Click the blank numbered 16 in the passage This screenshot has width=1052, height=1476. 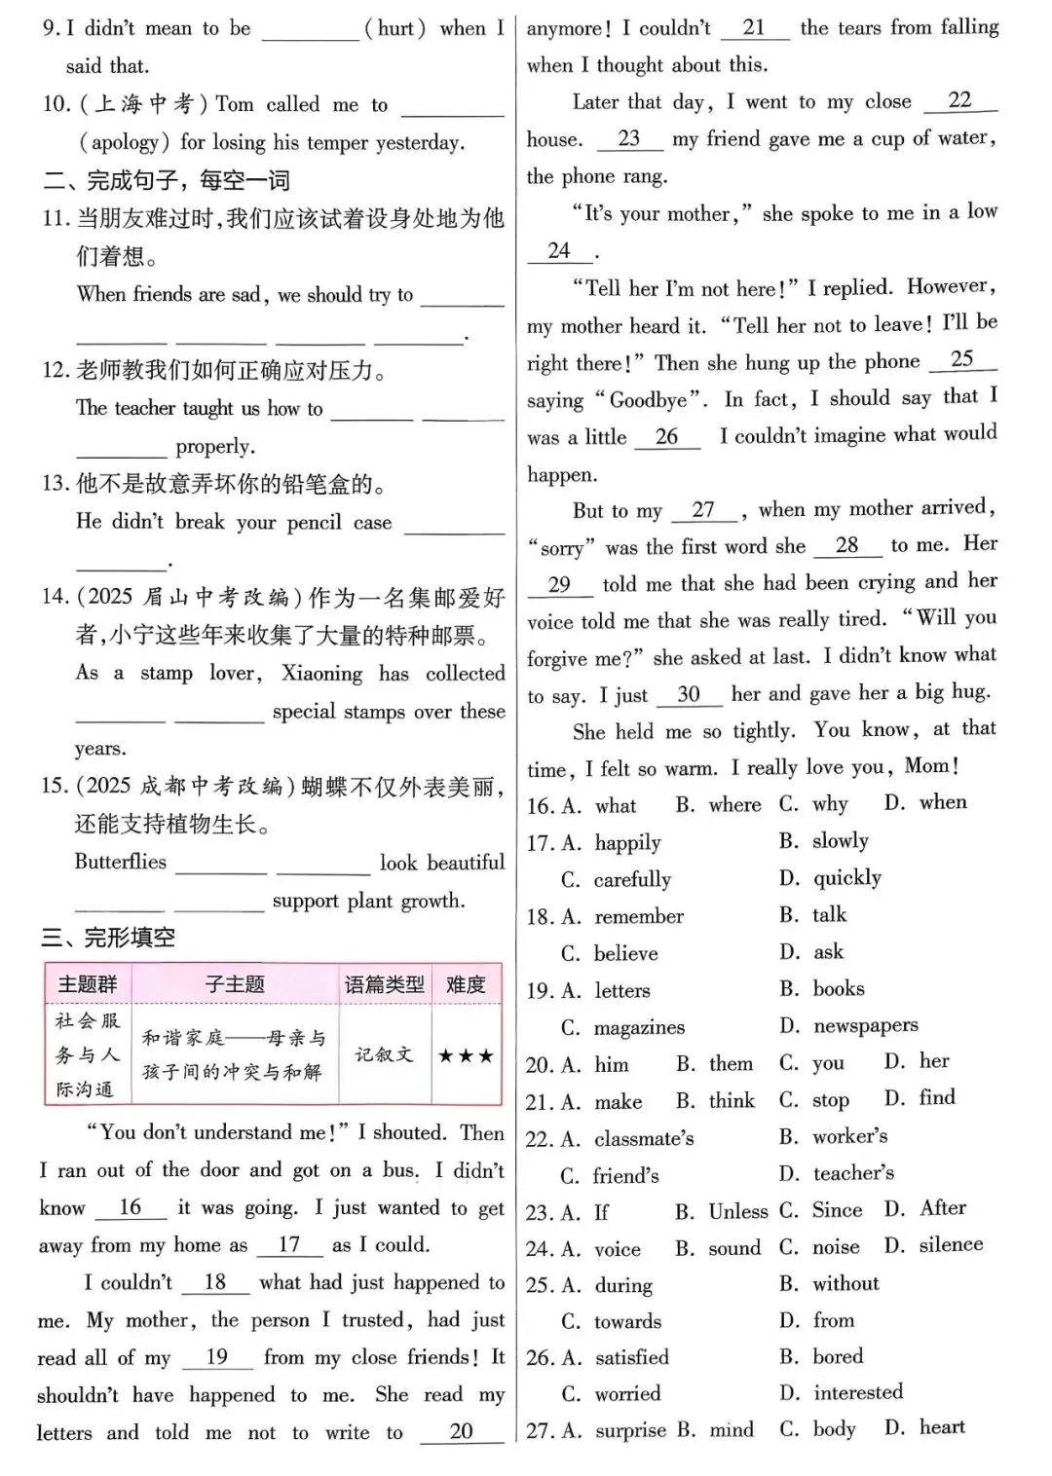coord(131,1208)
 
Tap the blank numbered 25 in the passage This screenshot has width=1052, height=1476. coord(961,359)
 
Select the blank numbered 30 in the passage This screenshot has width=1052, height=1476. coord(689,694)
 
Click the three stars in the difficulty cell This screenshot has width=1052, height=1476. coord(465,1055)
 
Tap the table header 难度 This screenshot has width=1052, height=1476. coord(465,984)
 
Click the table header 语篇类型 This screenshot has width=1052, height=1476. coord(384,984)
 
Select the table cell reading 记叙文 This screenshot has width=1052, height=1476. coord(384,1055)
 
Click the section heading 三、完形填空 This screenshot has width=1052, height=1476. coord(108,938)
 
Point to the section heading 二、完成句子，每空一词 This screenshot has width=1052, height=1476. coord(166,180)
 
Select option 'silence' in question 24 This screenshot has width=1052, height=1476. coord(951,1245)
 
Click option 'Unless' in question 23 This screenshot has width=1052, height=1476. coord(737,1211)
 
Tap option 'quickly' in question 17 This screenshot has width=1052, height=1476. coord(846,878)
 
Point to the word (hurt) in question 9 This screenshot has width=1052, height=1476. coord(394,29)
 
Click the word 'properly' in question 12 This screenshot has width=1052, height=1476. coord(214,447)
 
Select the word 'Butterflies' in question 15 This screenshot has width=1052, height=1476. coord(121,863)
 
